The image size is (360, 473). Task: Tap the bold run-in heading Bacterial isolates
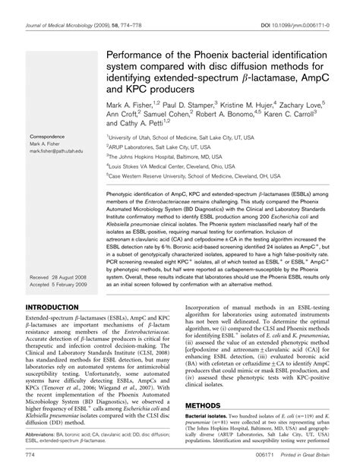tap(208, 420)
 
